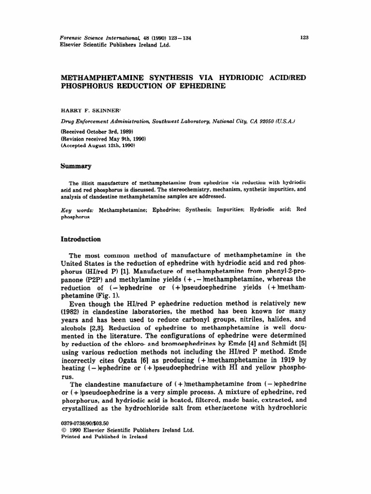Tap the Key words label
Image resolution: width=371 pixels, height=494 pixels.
78,210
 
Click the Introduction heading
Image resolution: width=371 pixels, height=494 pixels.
80,239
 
